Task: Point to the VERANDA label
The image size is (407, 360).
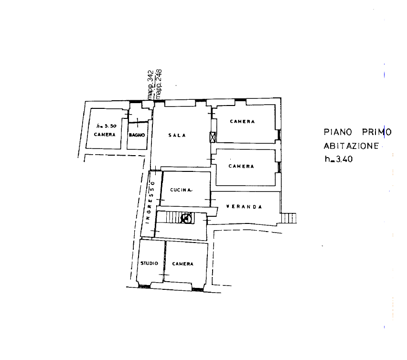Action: tap(244, 207)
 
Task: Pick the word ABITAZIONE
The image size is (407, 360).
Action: tap(352, 146)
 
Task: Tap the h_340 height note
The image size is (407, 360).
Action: tap(339, 159)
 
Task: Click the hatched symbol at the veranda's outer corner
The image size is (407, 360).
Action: tap(290, 219)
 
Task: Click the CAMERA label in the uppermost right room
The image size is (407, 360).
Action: tap(242, 122)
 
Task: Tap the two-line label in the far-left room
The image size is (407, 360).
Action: tap(105, 130)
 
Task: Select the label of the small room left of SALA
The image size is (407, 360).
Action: tap(137, 136)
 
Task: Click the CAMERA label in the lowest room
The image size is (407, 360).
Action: tap(183, 264)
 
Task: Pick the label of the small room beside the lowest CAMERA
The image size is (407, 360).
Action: tap(149, 264)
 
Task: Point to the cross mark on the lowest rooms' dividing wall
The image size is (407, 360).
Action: tap(164, 276)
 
